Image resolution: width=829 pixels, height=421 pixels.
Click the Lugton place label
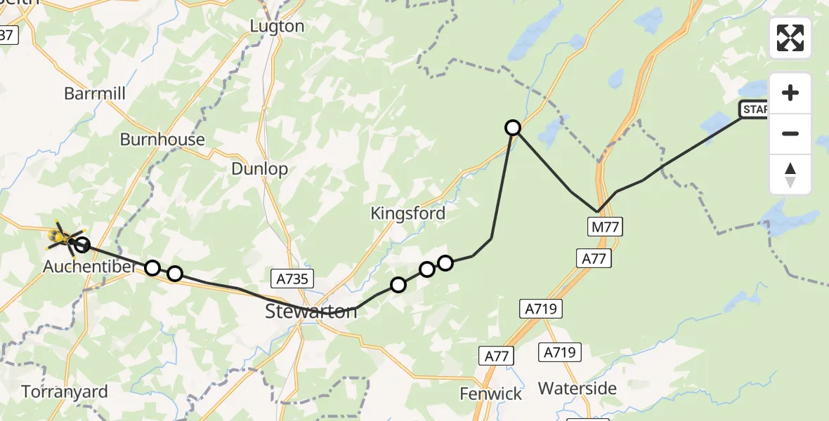pyautogui.click(x=278, y=27)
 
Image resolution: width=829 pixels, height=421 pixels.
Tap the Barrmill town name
pyautogui.click(x=94, y=93)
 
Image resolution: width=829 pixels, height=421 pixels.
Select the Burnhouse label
pyautogui.click(x=162, y=139)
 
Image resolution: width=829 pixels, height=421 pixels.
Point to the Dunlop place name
pyautogui.click(x=260, y=169)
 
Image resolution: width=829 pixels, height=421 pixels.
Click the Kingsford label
pyautogui.click(x=408, y=213)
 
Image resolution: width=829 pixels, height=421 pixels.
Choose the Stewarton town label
pyautogui.click(x=311, y=312)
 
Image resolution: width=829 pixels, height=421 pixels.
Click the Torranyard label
pyautogui.click(x=65, y=392)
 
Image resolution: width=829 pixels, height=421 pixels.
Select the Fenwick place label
pyautogui.click(x=491, y=394)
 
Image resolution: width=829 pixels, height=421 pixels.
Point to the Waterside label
pyautogui.click(x=577, y=388)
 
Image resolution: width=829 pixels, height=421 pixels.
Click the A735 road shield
pyautogui.click(x=292, y=279)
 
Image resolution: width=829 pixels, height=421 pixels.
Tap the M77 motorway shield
pyautogui.click(x=606, y=226)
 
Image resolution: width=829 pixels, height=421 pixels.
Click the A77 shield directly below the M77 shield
pyautogui.click(x=594, y=258)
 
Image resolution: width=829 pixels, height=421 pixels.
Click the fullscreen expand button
pyautogui.click(x=790, y=38)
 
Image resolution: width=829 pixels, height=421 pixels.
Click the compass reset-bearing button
pyautogui.click(x=790, y=175)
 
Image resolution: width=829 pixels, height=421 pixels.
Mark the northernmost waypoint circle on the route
pyautogui.click(x=513, y=127)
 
